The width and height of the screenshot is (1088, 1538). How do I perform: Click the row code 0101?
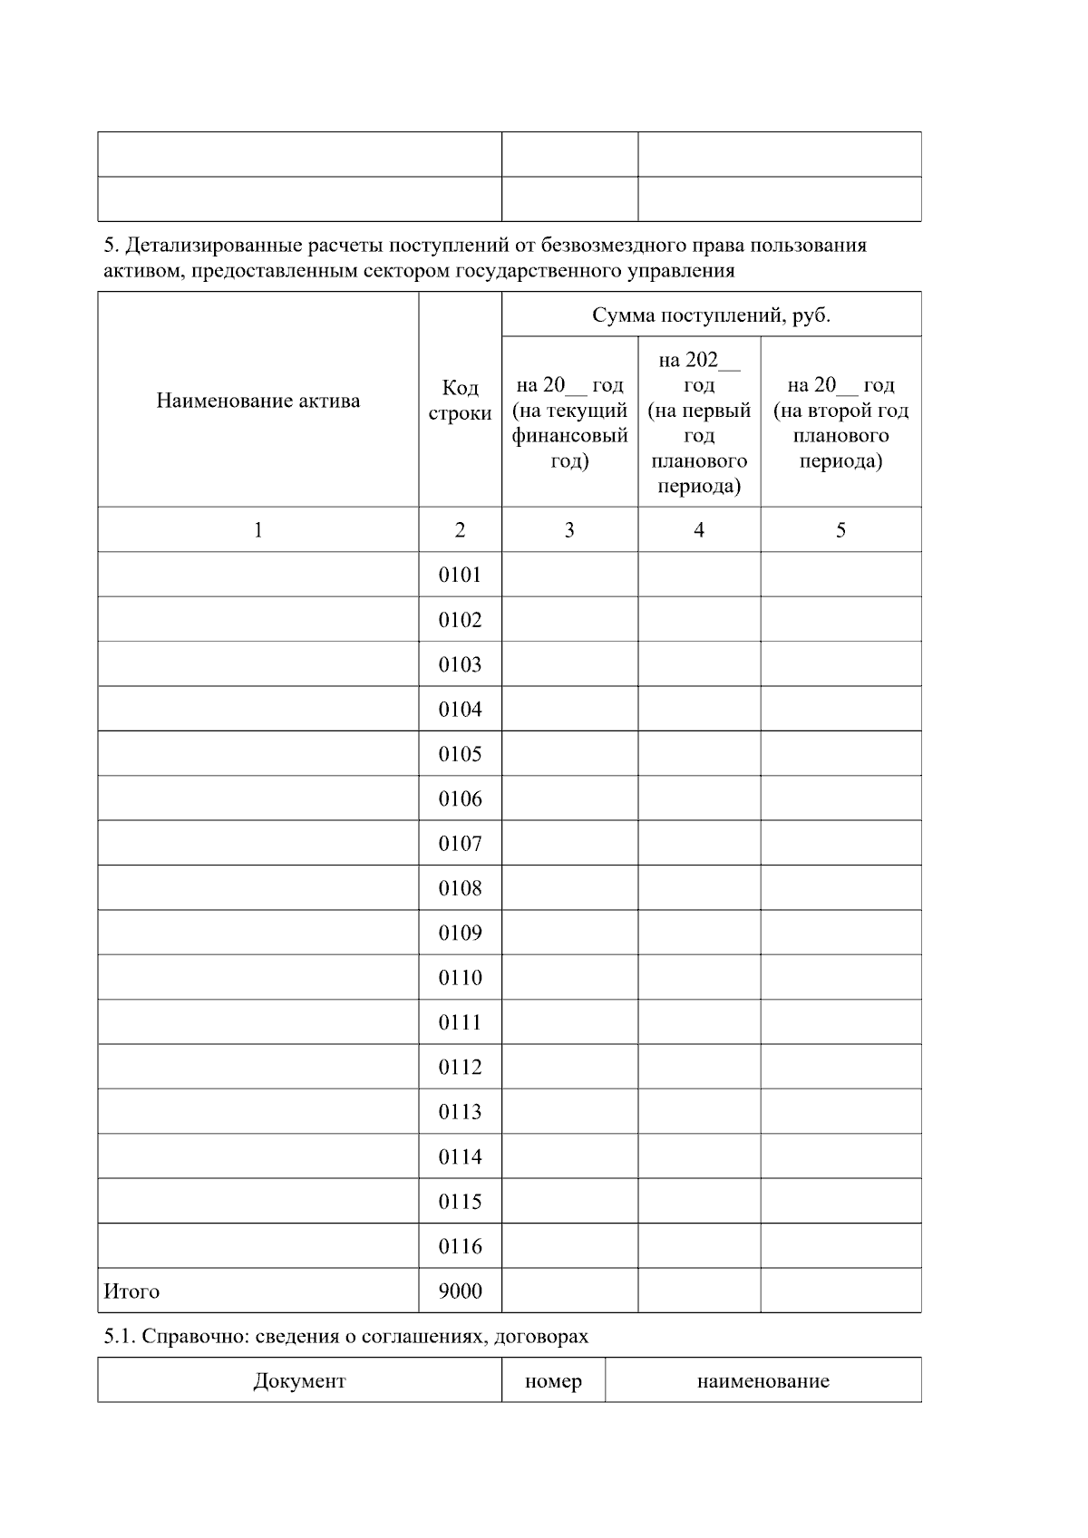pos(460,575)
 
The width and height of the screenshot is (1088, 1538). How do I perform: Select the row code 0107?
pos(460,844)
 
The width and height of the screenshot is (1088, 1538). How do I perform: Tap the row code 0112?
pos(460,1068)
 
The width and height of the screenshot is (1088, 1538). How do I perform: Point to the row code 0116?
pos(460,1246)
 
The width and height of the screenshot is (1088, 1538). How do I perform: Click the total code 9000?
pos(460,1291)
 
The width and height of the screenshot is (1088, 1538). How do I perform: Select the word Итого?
pos(131,1291)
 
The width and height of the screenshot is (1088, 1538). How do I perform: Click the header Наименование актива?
pos(257,401)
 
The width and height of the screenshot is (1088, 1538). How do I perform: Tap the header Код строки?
pos(460,401)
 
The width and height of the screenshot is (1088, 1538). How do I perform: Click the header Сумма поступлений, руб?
pos(711,315)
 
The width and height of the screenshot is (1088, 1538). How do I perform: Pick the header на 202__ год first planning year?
pos(698,423)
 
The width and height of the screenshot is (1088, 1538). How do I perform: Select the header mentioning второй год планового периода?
pos(840,423)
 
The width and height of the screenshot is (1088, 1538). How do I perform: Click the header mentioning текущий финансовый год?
pos(569,423)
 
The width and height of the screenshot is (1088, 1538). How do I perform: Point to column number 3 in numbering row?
pos(569,530)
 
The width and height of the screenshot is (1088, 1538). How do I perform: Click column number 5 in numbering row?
pos(840,530)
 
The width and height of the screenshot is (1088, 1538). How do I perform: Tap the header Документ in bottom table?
pos(299,1381)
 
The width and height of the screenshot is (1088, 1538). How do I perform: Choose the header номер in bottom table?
pos(553,1381)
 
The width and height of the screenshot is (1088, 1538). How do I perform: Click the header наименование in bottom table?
pos(763,1381)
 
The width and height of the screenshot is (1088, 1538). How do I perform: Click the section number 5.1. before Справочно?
pos(120,1337)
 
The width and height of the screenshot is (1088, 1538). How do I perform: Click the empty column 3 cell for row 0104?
pos(569,709)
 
